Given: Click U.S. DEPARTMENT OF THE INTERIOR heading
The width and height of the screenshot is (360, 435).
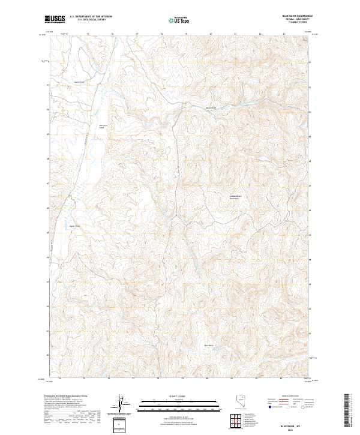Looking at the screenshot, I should pyautogui.click(x=90, y=17).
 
